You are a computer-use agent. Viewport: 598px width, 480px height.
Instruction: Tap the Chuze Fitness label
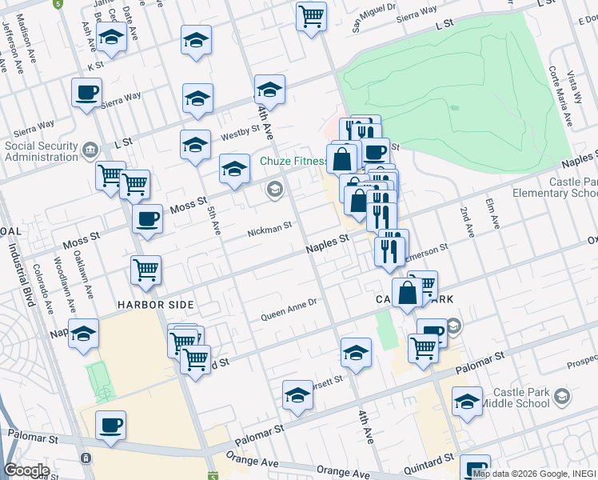click(292, 161)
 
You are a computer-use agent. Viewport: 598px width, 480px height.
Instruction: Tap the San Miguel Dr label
click(375, 18)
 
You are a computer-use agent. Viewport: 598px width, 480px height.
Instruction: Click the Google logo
click(26, 470)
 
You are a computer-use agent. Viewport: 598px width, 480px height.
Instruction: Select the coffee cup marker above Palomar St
click(110, 426)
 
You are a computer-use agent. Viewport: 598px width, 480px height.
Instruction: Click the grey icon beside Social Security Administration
click(89, 150)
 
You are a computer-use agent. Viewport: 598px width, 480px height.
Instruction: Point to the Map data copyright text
click(533, 474)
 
